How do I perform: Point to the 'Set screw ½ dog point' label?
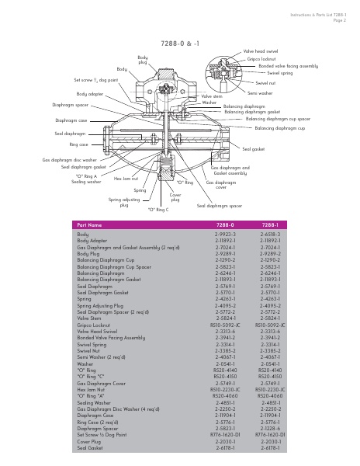click(96, 80)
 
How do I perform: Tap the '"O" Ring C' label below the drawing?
click(158, 210)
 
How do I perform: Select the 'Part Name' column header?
click(91, 224)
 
